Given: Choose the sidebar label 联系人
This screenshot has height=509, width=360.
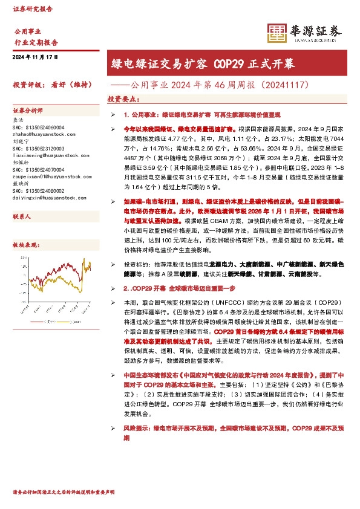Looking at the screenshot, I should click(22, 216).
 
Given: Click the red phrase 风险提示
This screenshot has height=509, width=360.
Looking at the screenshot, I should click(137, 427).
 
